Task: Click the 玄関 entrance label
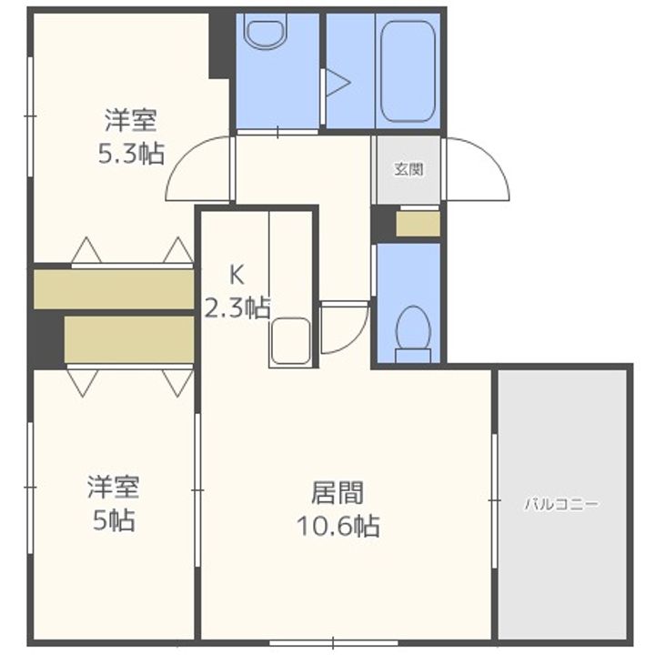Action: tap(407, 169)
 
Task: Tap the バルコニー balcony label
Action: tap(561, 503)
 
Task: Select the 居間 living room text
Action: tap(338, 493)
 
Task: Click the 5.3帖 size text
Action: tap(131, 153)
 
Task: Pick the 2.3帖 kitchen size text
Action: tap(236, 307)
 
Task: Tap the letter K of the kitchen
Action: tap(236, 273)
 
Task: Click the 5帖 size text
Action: tap(112, 520)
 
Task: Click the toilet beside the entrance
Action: tap(414, 329)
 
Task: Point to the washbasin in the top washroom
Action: tap(266, 33)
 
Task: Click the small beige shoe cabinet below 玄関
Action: tap(418, 224)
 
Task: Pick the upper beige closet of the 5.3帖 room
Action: tap(114, 288)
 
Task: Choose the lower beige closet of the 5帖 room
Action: tap(128, 339)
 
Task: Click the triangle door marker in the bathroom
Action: tap(338, 83)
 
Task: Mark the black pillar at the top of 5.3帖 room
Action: tap(221, 44)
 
